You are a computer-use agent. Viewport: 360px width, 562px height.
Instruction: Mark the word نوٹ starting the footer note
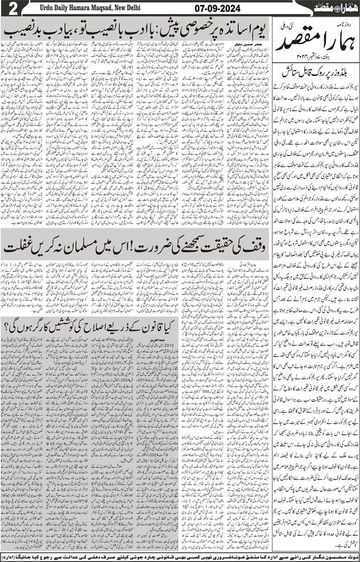pyautogui.click(x=351, y=554)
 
